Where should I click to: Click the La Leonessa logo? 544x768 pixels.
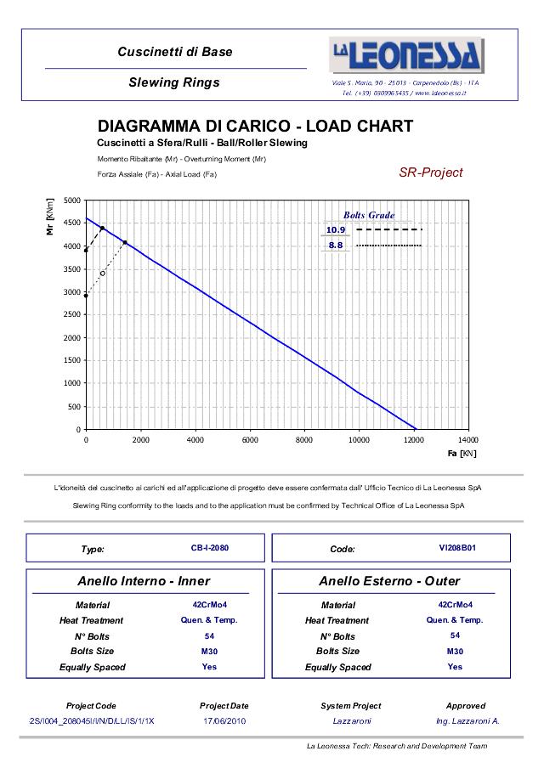click(x=406, y=56)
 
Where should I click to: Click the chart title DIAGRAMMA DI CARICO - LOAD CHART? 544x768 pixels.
click(x=255, y=127)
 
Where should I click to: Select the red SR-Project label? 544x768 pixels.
click(x=431, y=172)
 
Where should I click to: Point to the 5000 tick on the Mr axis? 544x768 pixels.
click(x=72, y=200)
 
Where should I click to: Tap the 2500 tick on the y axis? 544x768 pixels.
click(x=72, y=315)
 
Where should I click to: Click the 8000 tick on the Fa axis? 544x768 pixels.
click(x=304, y=440)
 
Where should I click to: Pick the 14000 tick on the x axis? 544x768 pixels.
click(x=467, y=440)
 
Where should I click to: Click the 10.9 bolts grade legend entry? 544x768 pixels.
click(x=336, y=230)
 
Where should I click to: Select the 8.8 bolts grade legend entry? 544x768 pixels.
click(x=336, y=246)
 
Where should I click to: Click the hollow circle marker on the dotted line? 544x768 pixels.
click(x=103, y=274)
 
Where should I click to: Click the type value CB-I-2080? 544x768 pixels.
click(x=210, y=548)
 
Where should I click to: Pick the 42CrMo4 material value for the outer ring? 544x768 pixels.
click(x=455, y=605)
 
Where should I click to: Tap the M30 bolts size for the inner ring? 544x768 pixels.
click(x=209, y=652)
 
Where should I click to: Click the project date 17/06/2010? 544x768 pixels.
click(x=224, y=720)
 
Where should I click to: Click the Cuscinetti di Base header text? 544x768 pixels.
click(x=174, y=52)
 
